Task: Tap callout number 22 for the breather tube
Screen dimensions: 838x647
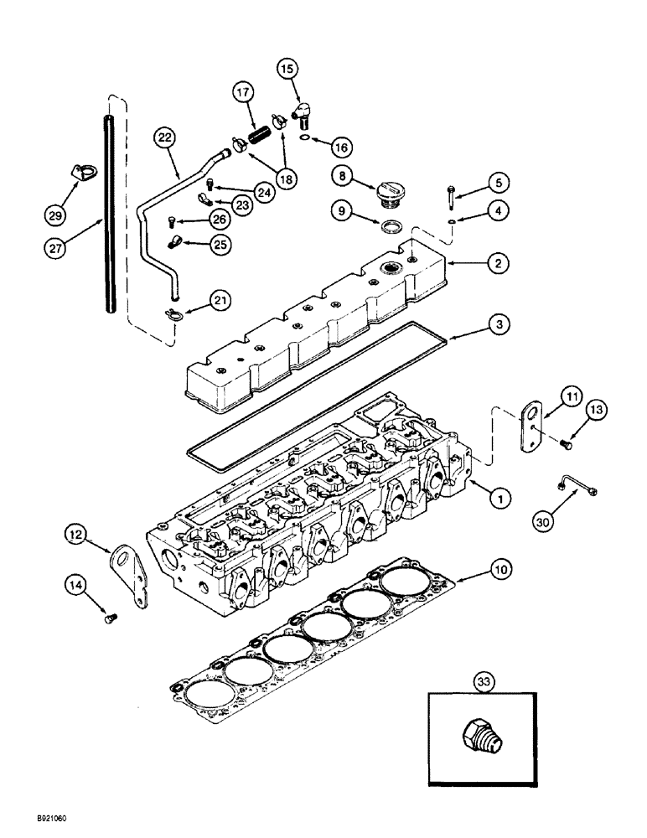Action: coord(163,136)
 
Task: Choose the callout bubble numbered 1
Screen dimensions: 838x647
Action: coord(499,499)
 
